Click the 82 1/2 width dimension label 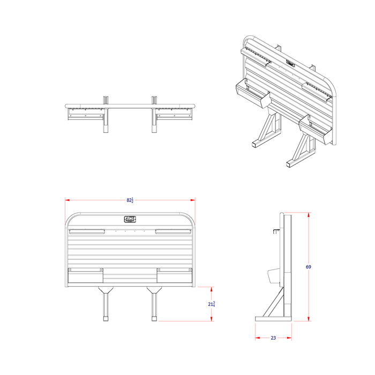(130, 200)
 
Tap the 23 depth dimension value (273, 338)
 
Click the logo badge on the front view (130, 219)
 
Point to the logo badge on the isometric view (290, 63)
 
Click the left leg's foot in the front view (105, 318)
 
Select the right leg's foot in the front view (154, 318)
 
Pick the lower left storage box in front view (85, 275)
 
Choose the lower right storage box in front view (174, 275)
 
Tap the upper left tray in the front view (87, 232)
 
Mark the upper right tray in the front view (172, 232)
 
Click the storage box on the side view (273, 275)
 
